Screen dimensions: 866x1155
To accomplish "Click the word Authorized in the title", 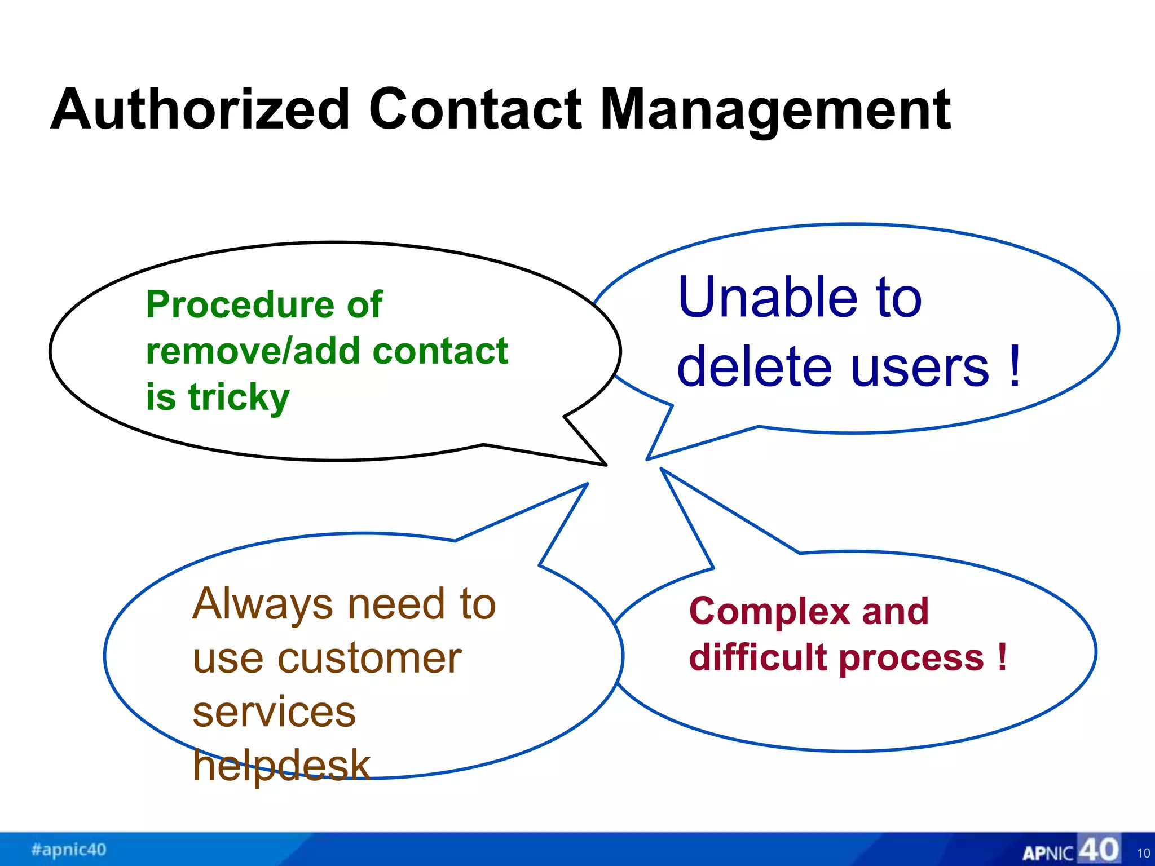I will pos(200,110).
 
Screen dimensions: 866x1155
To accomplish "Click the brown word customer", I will pos(369,659).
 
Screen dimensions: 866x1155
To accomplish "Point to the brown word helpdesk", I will pos(281,766).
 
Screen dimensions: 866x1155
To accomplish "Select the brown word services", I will pos(274,712).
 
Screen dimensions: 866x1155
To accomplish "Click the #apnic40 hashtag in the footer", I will pos(69,850).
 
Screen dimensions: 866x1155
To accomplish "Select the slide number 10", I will pos(1143,853).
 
